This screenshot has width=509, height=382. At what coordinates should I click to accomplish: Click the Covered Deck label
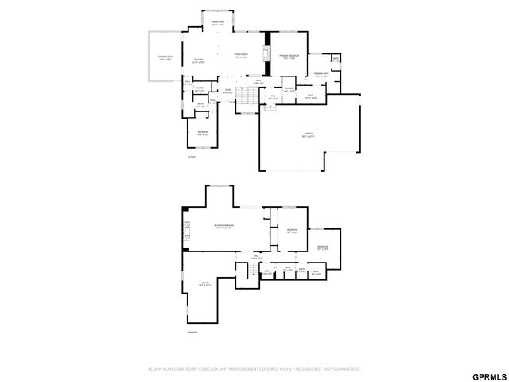tap(165, 57)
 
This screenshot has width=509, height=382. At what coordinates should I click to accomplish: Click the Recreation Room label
tap(224, 227)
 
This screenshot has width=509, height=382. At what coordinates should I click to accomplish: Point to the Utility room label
tap(204, 283)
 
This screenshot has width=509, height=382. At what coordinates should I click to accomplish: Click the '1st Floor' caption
tap(191, 157)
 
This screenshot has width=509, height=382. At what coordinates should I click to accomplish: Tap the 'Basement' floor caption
tap(192, 333)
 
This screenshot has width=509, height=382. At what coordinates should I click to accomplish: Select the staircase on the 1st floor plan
tap(248, 97)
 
